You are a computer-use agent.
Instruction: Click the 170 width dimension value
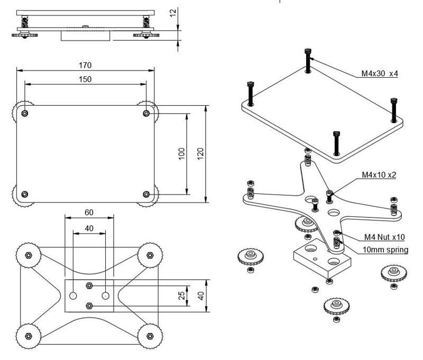(85, 66)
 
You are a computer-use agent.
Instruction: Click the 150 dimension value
(85, 79)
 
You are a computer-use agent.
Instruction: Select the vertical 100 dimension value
(181, 154)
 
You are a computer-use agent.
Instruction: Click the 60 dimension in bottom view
(88, 212)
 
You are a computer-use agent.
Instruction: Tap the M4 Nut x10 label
(384, 237)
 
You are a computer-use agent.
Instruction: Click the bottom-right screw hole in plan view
(147, 194)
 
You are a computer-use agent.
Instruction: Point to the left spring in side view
(25, 23)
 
